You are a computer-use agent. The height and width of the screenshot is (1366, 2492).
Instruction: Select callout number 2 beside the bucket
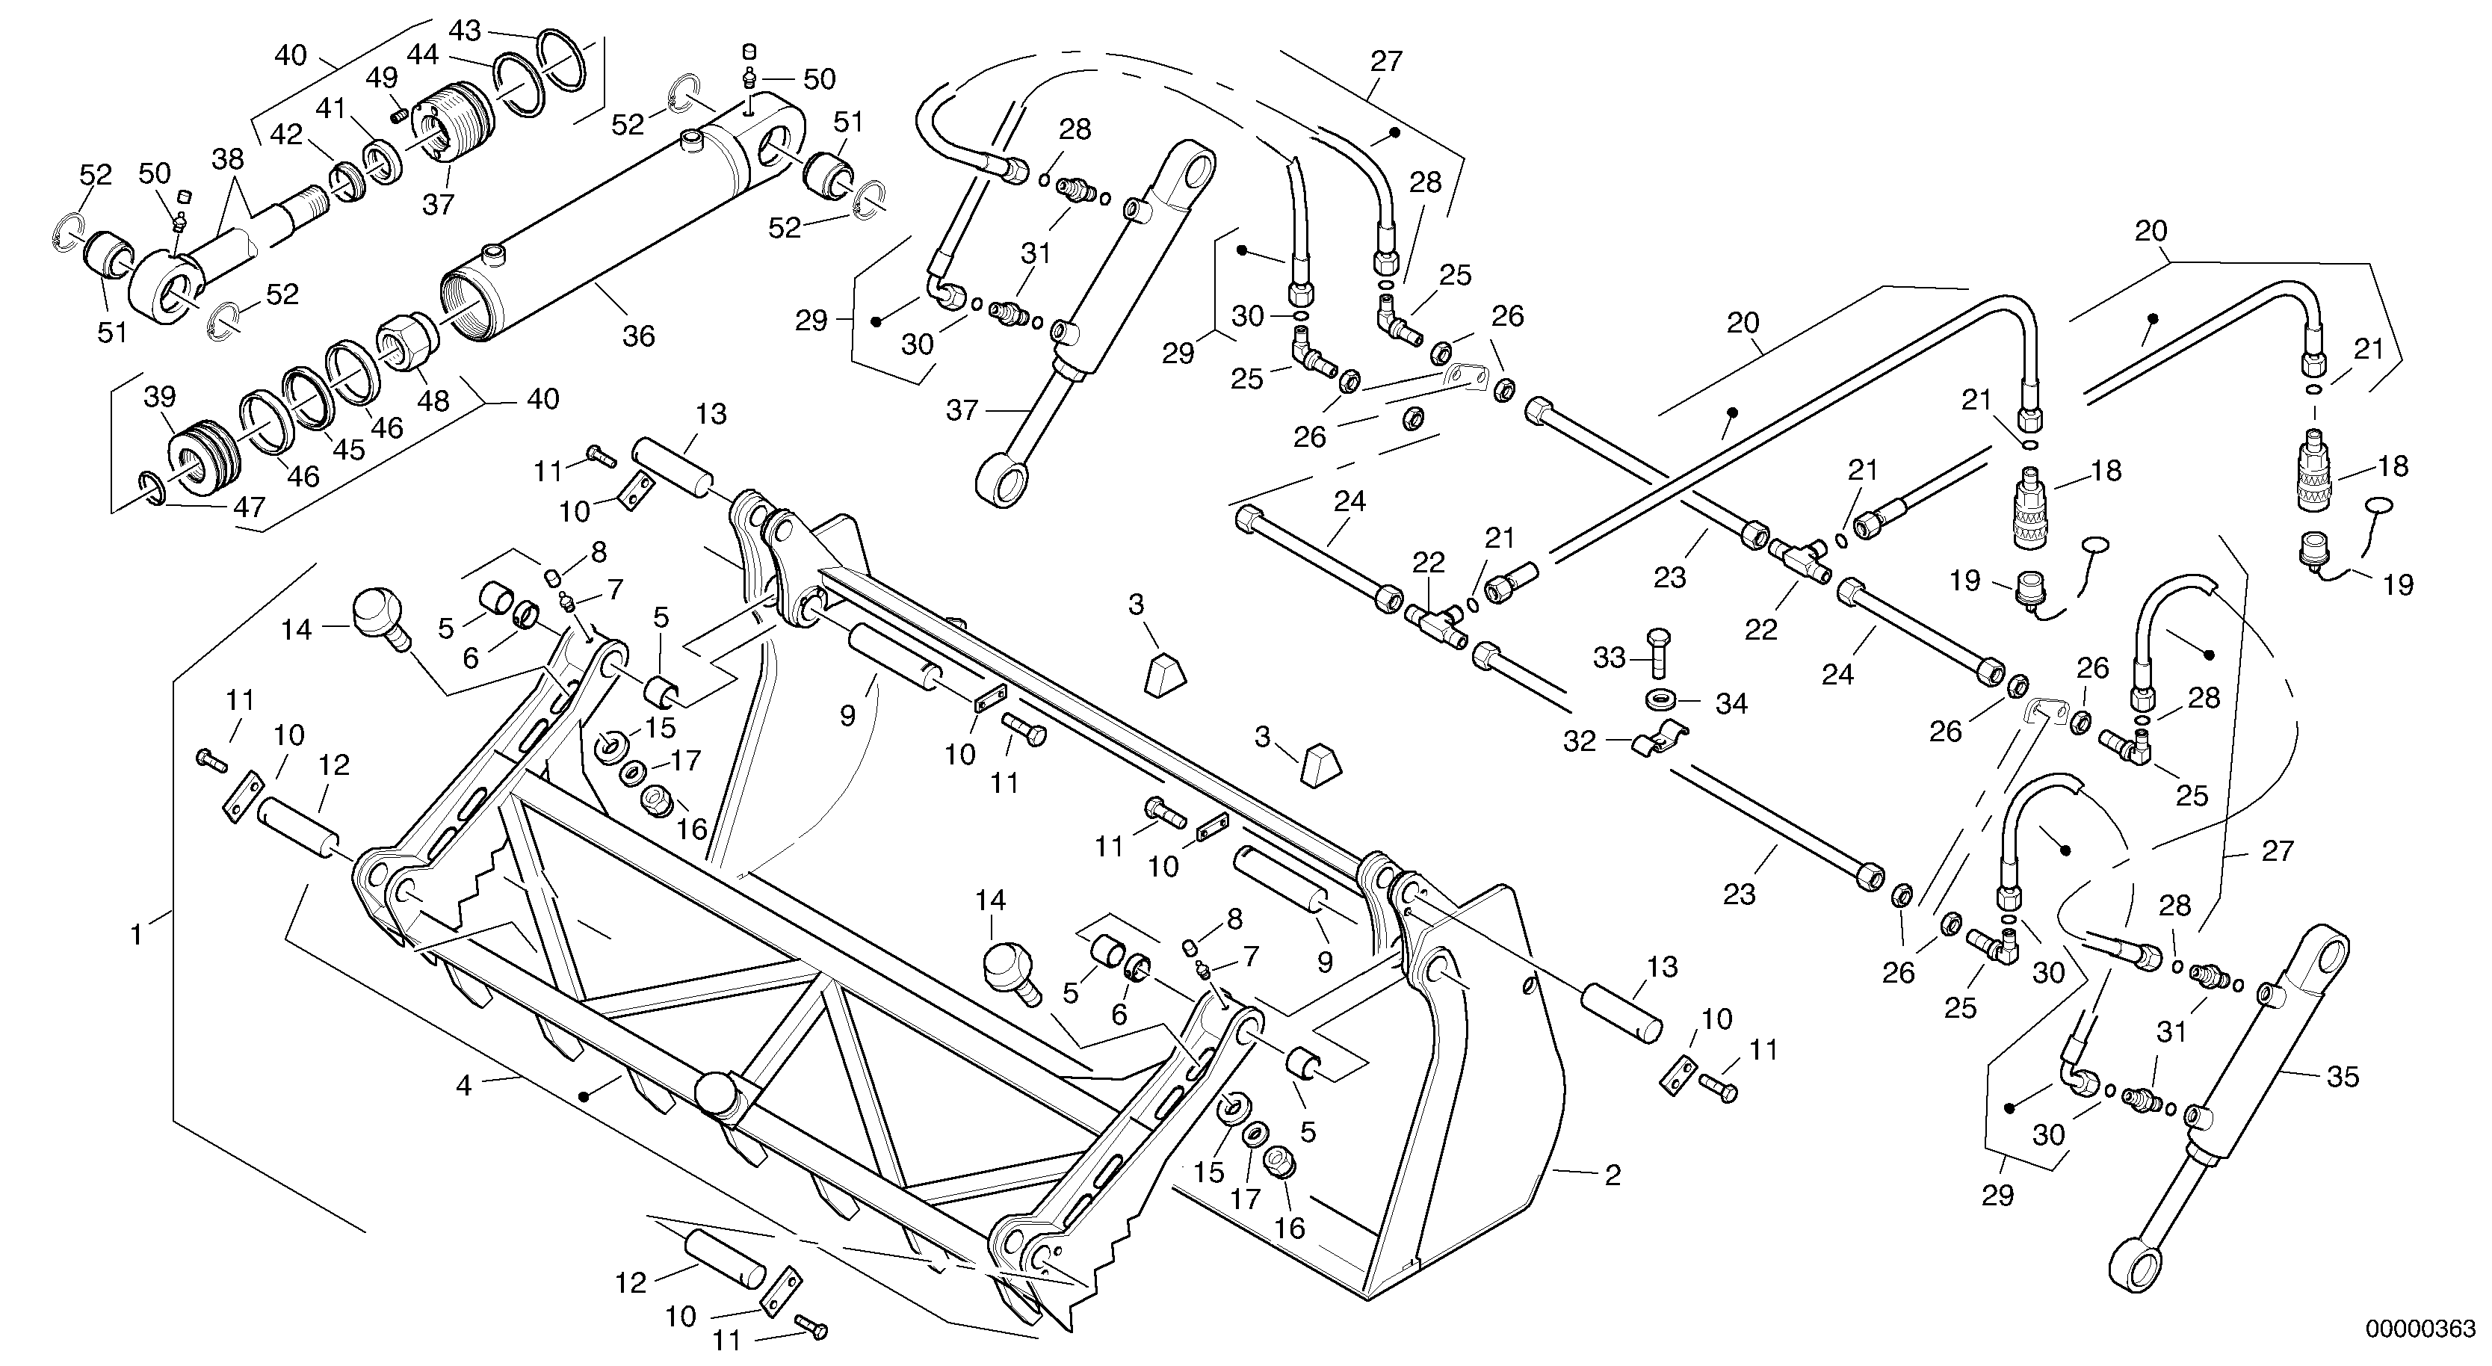point(1612,1175)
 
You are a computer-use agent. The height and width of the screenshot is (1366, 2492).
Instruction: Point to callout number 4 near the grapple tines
point(464,1087)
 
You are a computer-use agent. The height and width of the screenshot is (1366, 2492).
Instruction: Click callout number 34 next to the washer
point(1731,703)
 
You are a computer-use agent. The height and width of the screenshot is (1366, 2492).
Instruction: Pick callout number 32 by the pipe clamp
point(1579,741)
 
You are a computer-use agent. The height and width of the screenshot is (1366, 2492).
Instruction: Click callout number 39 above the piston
point(161,397)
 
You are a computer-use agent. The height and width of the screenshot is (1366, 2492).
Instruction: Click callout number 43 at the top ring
point(466,31)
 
